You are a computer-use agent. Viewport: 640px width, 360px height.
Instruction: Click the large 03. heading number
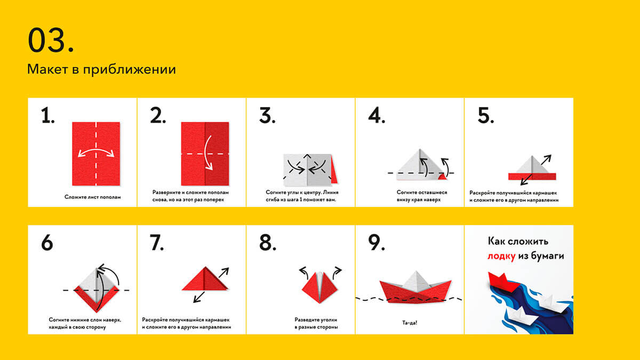point(51,40)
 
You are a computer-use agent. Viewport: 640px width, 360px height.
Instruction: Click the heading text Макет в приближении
point(101,69)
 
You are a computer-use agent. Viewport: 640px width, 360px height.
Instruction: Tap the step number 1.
point(47,116)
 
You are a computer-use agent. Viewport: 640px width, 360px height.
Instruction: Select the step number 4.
point(377,116)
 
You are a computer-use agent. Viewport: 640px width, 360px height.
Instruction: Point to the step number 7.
point(157,243)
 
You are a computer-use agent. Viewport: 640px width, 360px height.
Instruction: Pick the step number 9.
point(377,243)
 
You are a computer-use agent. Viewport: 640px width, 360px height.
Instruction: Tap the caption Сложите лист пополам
point(93,197)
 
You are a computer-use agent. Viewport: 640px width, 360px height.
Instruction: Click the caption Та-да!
point(410,323)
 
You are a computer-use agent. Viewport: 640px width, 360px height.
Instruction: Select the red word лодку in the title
point(501,255)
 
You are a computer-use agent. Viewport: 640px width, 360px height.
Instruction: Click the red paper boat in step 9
point(415,291)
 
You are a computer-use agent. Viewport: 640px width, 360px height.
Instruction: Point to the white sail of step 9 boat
point(417,280)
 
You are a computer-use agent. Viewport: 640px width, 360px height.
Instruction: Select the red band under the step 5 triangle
point(532,177)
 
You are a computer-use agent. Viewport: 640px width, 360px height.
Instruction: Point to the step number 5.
point(486,116)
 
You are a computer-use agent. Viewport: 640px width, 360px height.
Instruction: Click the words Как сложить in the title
point(518,242)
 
